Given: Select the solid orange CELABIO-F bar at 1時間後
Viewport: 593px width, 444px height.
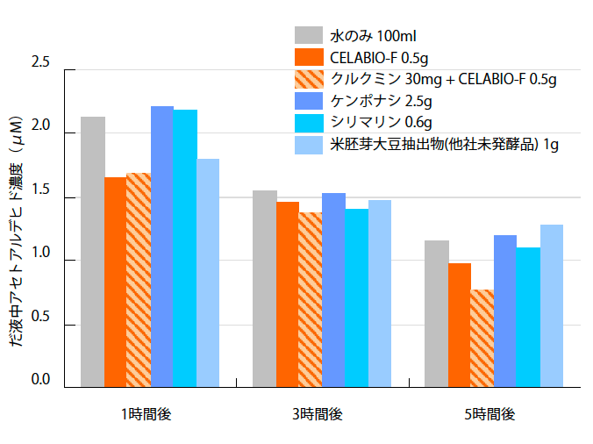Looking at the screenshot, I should pyautogui.click(x=116, y=282).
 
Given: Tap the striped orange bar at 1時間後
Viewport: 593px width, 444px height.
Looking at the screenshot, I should pyautogui.click(x=139, y=280).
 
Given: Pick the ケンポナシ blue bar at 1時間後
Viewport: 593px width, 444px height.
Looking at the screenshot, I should pyautogui.click(x=162, y=247).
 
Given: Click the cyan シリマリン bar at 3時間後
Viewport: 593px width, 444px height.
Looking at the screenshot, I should pyautogui.click(x=356, y=297).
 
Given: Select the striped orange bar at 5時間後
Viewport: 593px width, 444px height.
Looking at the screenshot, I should pyautogui.click(x=482, y=338).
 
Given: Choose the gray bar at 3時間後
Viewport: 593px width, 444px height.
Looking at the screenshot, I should pyautogui.click(x=265, y=289).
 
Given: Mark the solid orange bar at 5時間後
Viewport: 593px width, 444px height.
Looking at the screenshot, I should pyautogui.click(x=460, y=325).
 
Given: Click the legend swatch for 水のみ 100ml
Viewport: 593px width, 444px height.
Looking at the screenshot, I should pyautogui.click(x=308, y=36).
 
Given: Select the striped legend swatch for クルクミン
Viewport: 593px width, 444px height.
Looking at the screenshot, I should pyautogui.click(x=308, y=79).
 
